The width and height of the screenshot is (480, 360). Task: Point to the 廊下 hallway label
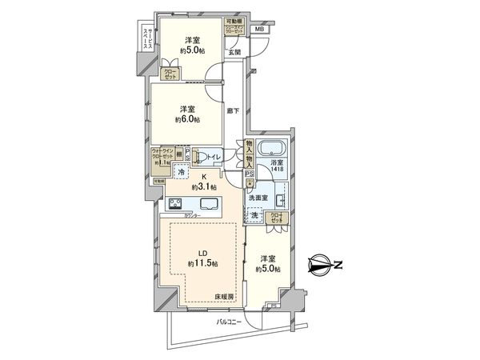point(232,112)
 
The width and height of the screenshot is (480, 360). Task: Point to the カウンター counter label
point(192,216)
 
